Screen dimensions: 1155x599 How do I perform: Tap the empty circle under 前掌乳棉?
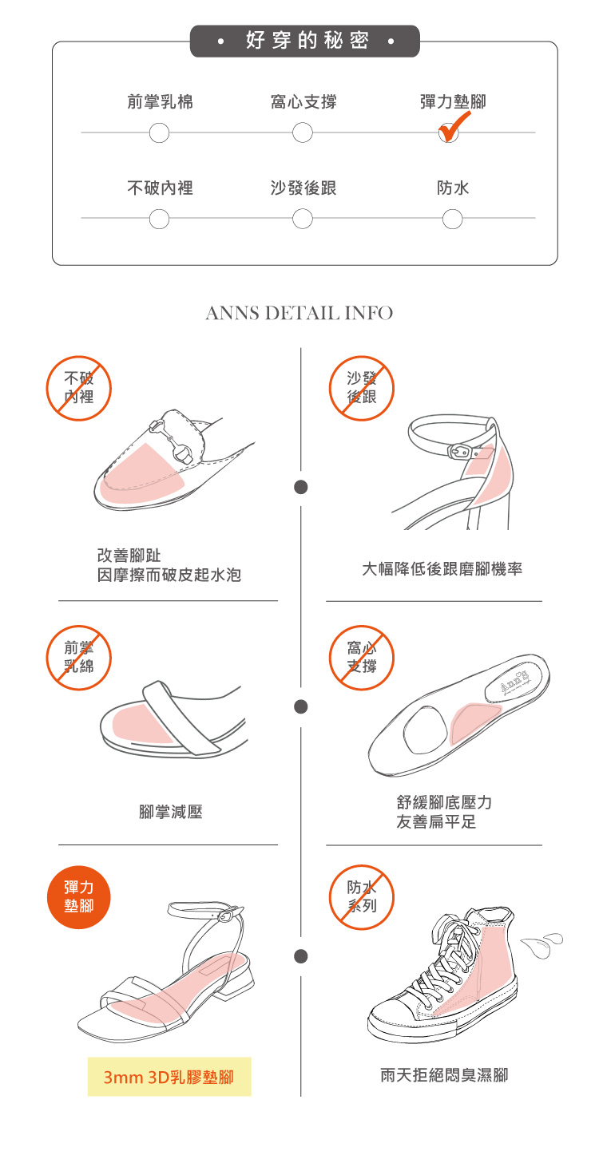coord(160,133)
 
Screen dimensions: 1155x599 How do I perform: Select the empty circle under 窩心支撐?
coord(303,133)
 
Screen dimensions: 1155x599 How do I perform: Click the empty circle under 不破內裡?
coord(160,218)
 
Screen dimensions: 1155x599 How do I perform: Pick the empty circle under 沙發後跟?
coord(303,218)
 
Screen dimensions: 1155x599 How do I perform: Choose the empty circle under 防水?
coord(453,218)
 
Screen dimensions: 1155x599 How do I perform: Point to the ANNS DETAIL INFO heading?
coord(299,313)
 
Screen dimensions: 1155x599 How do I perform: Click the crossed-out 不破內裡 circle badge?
coord(78,388)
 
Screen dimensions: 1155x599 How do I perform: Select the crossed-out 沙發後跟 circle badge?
coord(362,388)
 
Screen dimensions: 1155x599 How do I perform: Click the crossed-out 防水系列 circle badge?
coord(362,896)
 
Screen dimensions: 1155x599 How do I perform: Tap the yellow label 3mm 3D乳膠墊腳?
coord(169,1077)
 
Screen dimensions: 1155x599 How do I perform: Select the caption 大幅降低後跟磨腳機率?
coord(442,568)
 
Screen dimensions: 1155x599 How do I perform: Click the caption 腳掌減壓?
coord(171,812)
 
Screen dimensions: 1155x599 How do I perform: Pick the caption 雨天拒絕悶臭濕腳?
coord(443,1075)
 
